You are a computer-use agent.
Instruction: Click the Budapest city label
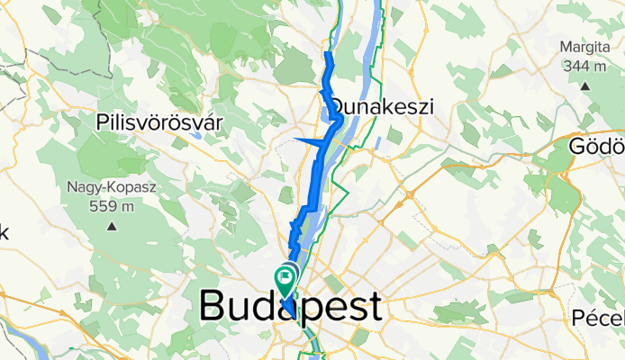click(290, 306)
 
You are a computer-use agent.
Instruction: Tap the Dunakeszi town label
click(383, 107)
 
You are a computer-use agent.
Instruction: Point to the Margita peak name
click(585, 48)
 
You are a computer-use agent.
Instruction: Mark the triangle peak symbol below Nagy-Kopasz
click(112, 226)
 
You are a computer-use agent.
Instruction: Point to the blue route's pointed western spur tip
click(296, 139)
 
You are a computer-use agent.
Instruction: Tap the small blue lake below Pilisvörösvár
click(197, 136)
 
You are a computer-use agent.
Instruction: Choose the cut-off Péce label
click(599, 319)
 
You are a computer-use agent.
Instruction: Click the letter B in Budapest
click(213, 306)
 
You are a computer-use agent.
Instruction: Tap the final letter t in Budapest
click(372, 306)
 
